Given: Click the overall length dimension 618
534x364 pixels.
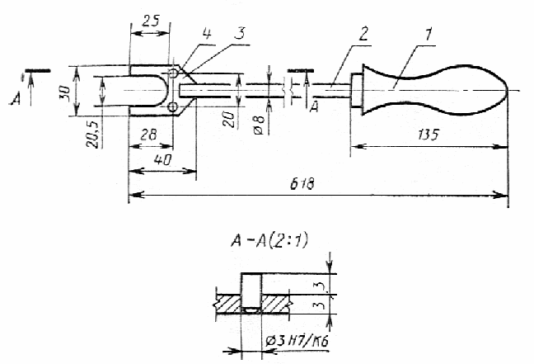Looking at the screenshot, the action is click(x=302, y=184).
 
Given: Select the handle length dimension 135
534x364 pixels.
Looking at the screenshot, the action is click(x=428, y=135).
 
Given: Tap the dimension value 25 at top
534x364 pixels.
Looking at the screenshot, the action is click(x=151, y=21).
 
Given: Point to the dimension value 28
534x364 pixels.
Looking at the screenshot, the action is click(x=148, y=135).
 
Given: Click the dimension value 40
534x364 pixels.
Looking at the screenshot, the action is click(x=163, y=159).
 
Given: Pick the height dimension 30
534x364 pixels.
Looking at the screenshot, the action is click(x=64, y=92).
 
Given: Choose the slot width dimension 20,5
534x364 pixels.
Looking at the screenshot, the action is click(x=92, y=134).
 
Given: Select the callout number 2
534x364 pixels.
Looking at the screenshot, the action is click(x=363, y=34).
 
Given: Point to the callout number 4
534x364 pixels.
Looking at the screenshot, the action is click(x=206, y=34).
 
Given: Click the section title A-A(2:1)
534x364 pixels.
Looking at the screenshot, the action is click(x=269, y=241).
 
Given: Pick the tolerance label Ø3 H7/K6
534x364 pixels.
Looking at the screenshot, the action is click(x=297, y=341).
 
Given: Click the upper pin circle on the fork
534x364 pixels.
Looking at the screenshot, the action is click(x=173, y=73).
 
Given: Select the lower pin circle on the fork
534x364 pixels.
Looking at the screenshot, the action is click(x=173, y=107).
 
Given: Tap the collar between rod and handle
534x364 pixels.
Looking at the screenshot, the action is click(x=357, y=91).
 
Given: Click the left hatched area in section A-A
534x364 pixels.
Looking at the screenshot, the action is click(x=228, y=304).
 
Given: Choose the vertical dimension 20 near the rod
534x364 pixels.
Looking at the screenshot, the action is click(x=230, y=120).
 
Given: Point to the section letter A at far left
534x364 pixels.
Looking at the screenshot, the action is click(x=16, y=99).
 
